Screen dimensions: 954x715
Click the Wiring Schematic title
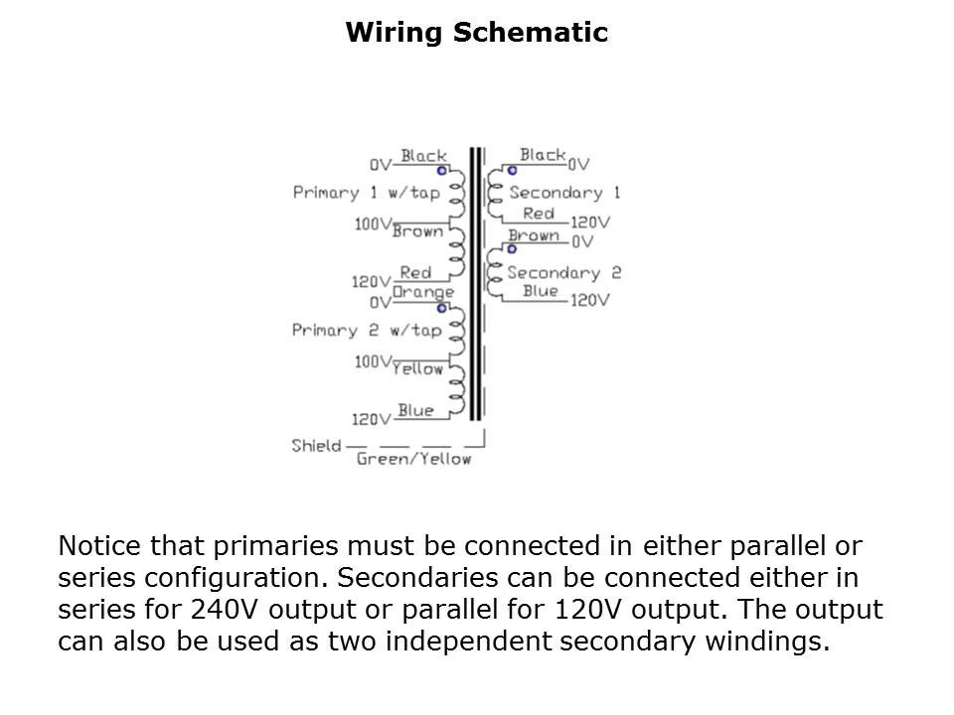[477, 32]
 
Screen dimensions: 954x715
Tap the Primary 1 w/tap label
[367, 193]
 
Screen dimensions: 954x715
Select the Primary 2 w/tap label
[367, 330]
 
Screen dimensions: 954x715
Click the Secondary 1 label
[564, 193]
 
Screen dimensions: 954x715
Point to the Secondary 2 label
[564, 272]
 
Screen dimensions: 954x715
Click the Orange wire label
[423, 292]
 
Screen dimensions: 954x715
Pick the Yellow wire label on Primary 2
[417, 368]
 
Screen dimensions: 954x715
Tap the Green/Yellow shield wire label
[413, 459]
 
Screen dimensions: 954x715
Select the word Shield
[316, 446]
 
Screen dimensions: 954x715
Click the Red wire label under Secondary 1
[539, 214]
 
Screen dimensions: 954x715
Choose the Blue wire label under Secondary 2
[541, 291]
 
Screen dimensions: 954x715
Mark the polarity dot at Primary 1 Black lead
[441, 171]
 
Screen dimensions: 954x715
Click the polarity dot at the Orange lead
[441, 308]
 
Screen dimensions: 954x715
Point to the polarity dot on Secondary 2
[512, 249]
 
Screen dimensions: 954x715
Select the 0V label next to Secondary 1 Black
[578, 164]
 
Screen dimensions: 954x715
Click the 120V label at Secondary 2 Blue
[590, 300]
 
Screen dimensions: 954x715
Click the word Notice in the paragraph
[99, 545]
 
